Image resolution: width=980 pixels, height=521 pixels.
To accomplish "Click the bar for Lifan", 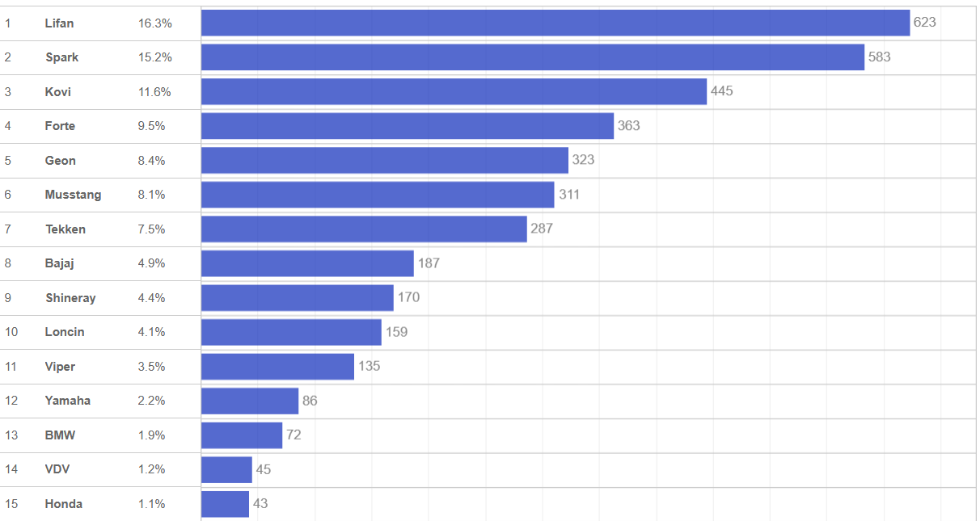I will coord(555,23).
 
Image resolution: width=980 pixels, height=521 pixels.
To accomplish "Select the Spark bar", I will coord(533,57).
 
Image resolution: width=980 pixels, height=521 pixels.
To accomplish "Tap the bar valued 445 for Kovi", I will coord(454,91).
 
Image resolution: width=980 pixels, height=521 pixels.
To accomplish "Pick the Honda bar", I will coord(225,504).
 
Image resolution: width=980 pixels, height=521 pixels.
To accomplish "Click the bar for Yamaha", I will coord(250,401).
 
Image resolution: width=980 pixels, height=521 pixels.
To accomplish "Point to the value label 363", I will coord(628,126).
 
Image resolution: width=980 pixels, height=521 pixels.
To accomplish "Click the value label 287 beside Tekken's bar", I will coord(542,229).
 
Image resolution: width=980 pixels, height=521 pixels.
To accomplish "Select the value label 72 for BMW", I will coord(294,435).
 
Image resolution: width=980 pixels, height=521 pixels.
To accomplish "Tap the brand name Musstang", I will coord(73,195).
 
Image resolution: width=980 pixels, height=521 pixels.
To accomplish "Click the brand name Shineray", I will coord(70,298).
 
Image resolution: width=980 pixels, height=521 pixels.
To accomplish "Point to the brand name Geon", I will coord(61,161).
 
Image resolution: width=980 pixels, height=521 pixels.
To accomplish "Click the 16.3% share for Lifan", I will coord(155,23).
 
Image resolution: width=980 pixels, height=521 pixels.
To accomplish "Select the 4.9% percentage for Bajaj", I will coord(152,263).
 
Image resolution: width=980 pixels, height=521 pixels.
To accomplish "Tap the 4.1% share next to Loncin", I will coord(152,332).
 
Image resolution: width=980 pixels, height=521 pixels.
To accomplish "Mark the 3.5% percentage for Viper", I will coord(152,367).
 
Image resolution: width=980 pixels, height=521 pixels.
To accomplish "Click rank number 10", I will coord(11,332).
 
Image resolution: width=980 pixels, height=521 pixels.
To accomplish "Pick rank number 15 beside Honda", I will coord(11,504).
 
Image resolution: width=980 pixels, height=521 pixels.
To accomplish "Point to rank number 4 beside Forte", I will coord(7,126).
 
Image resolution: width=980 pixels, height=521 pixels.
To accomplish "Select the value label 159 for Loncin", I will coord(396,332).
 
